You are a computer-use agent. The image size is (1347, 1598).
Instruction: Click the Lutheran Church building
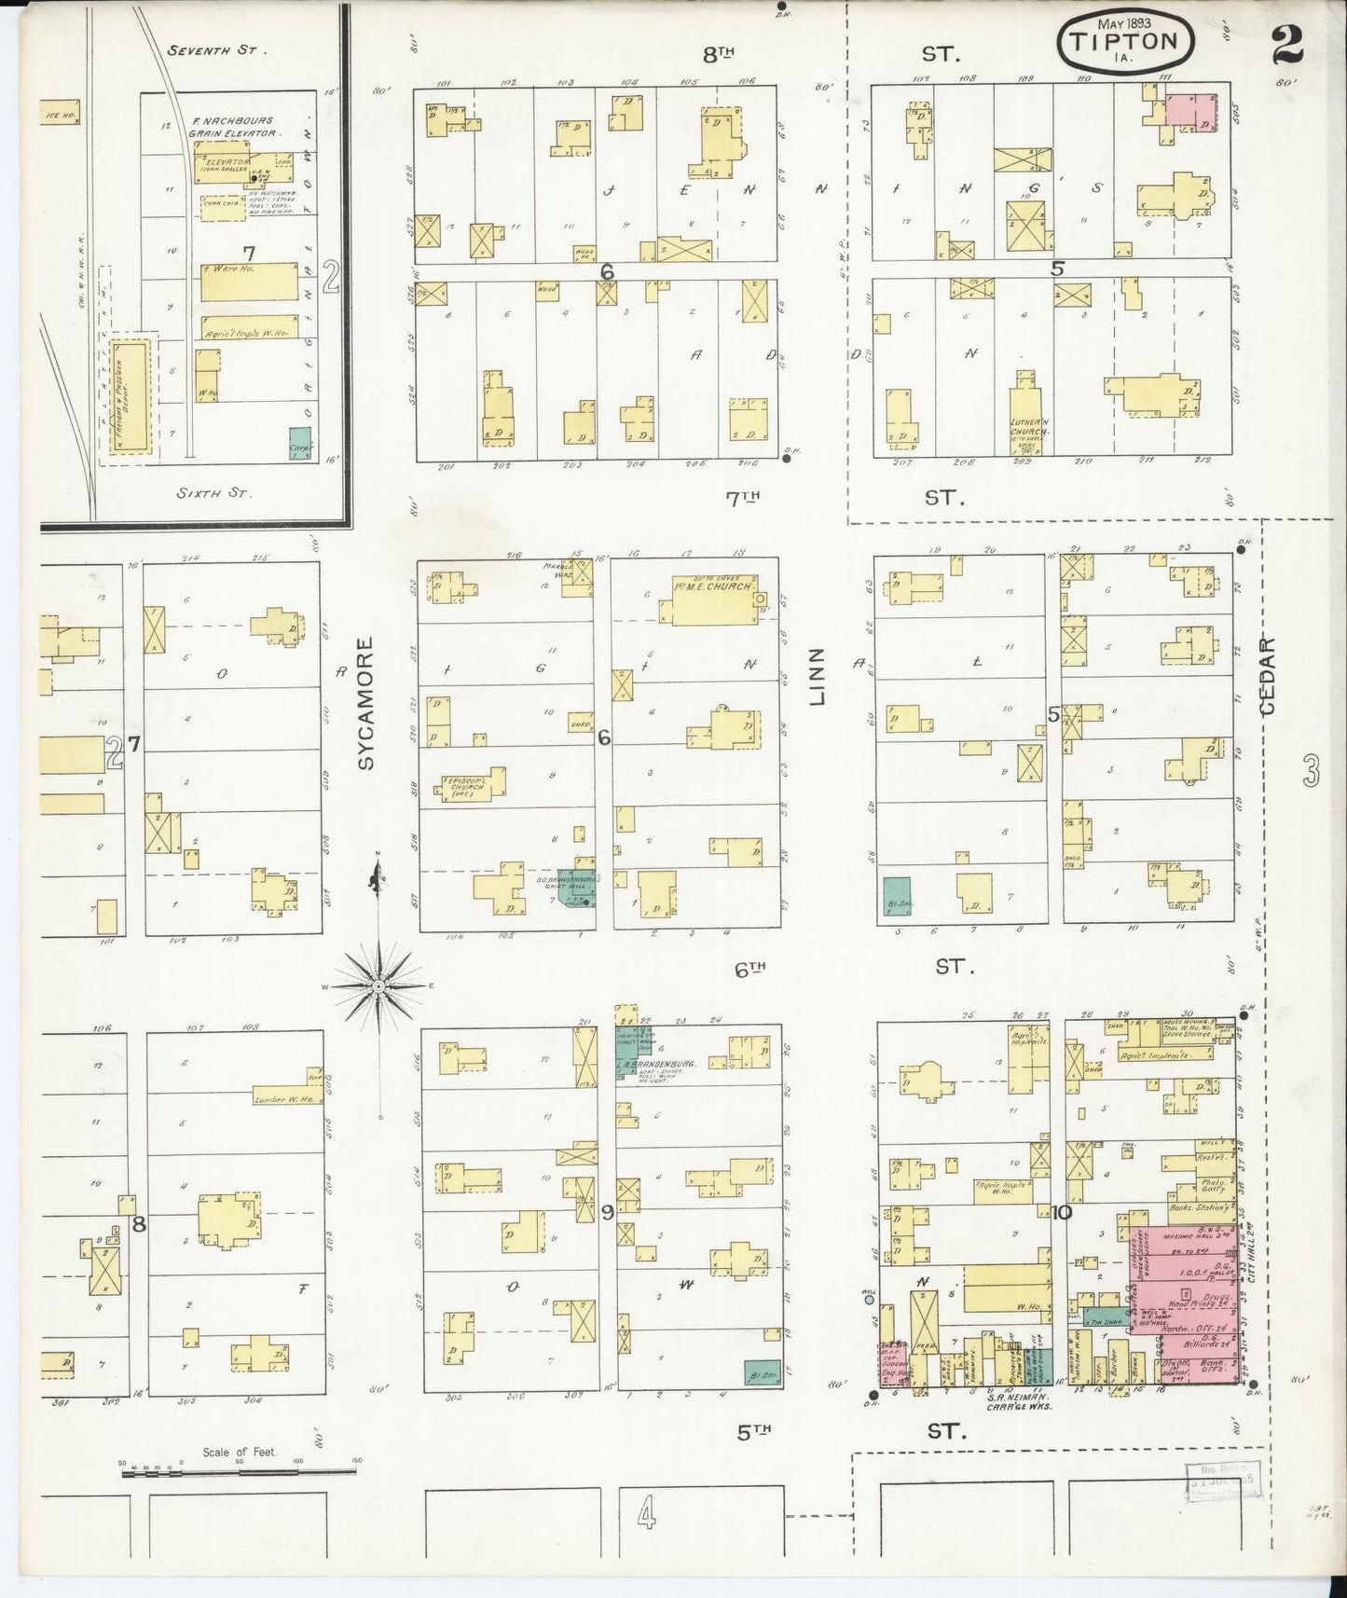pyautogui.click(x=1030, y=410)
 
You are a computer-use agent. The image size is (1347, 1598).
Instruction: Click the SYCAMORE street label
pyautogui.click(x=365, y=703)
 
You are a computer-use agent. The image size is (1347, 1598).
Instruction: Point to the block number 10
pyautogui.click(x=1061, y=1212)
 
